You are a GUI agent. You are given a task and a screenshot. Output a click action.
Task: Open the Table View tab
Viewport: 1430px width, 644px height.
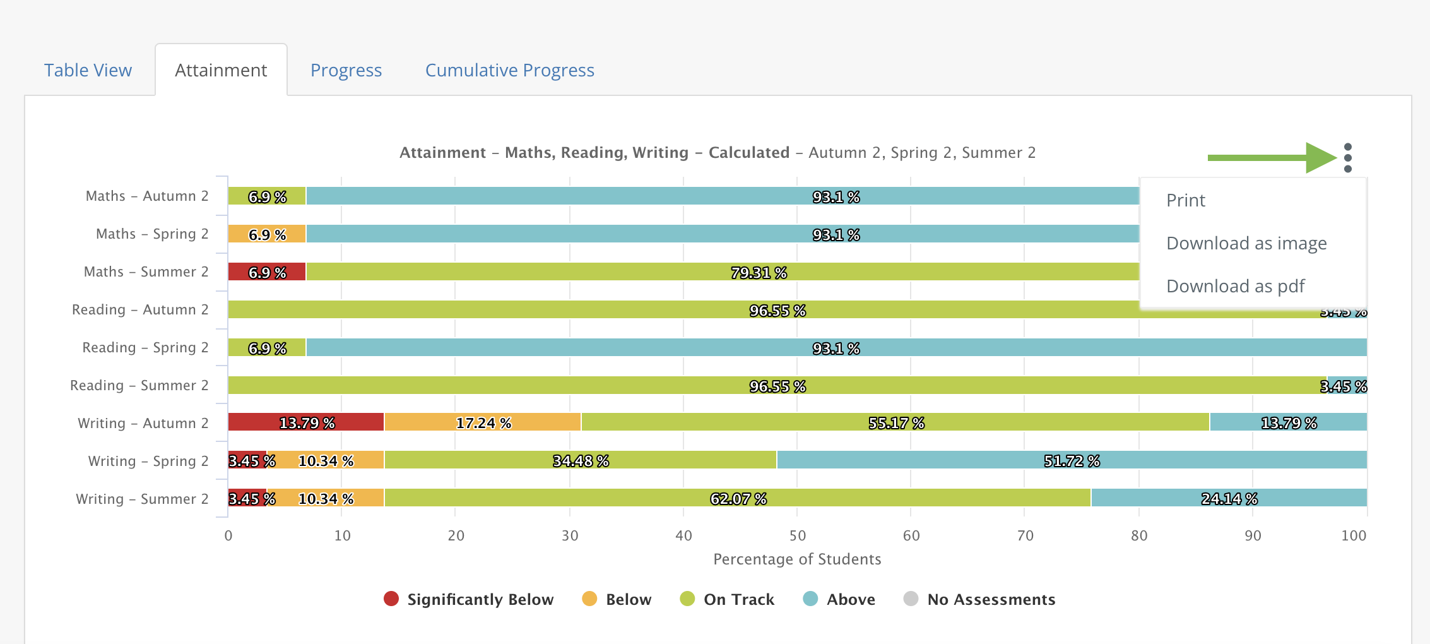[x=88, y=70]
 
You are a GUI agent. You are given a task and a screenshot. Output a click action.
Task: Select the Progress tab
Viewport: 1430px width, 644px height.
[x=346, y=70]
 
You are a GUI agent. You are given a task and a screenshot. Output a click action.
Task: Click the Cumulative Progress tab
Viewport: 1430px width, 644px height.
[x=510, y=70]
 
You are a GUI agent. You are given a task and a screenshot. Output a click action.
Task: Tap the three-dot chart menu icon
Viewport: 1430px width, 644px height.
[x=1348, y=157]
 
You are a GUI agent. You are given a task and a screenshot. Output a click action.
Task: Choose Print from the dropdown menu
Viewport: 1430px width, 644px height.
[x=1186, y=200]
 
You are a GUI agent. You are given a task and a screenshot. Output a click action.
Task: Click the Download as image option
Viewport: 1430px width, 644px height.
[x=1246, y=243]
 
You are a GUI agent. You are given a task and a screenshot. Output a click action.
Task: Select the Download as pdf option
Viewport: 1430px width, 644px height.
[x=1236, y=286]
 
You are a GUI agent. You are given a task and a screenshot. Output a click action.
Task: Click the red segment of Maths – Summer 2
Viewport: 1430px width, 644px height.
[x=267, y=271]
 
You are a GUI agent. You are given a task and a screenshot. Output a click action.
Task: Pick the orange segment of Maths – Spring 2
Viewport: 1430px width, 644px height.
[x=267, y=234]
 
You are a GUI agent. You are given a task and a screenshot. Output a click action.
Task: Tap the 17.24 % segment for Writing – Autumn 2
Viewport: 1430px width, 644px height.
[x=483, y=422]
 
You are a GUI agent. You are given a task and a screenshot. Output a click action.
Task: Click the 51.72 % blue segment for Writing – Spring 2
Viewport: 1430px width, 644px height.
[x=1072, y=460]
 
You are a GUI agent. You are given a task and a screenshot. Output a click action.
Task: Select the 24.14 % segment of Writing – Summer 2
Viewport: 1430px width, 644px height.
[x=1229, y=498]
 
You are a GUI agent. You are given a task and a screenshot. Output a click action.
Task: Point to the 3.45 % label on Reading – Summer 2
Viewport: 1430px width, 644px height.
[x=1344, y=386]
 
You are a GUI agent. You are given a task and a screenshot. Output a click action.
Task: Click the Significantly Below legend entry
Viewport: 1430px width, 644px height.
[x=468, y=599]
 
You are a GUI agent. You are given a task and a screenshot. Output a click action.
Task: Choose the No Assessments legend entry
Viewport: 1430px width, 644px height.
[x=979, y=599]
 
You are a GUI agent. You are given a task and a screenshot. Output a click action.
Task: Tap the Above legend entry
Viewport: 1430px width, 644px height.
[x=839, y=599]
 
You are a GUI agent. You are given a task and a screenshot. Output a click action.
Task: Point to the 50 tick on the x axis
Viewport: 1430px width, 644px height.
[x=798, y=535]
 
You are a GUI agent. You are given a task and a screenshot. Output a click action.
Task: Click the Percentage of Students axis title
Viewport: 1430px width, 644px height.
[x=797, y=559]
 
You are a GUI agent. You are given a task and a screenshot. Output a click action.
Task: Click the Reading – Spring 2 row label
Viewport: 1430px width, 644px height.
[x=145, y=347]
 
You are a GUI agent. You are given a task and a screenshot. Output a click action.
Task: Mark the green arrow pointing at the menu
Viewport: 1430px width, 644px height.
[x=1272, y=157]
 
